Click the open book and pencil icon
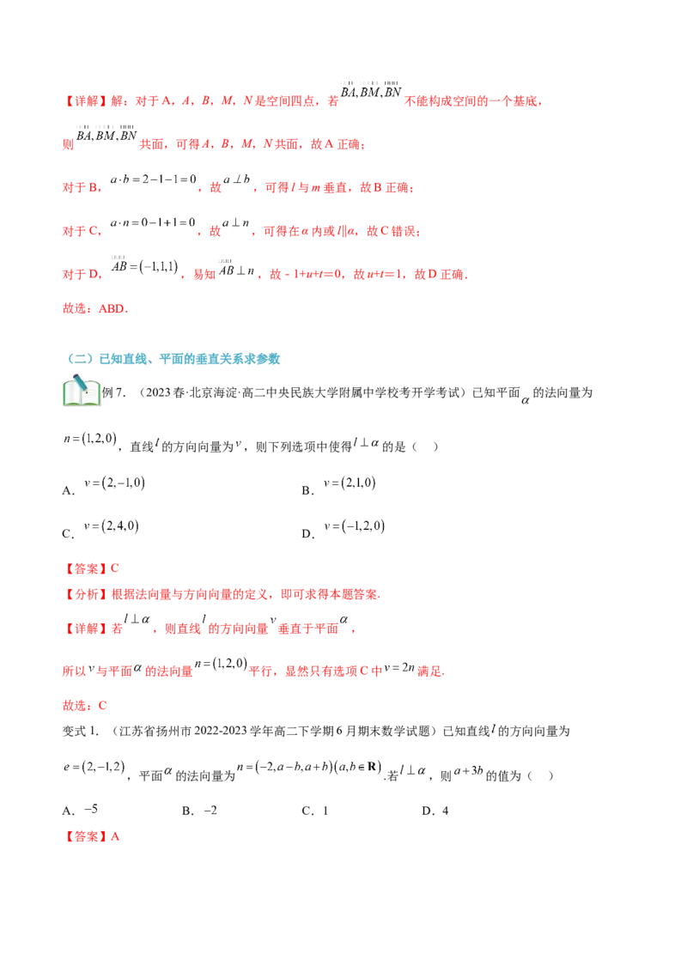pos(82,391)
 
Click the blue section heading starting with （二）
pos(173,359)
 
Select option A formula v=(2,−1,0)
pos(115,483)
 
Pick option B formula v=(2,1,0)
pos(350,483)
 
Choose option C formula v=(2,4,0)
pos(112,525)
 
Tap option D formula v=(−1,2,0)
pos(354,526)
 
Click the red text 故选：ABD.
pos(95,309)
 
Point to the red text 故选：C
pos(85,706)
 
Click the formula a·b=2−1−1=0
pos(153,179)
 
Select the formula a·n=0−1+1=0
pos(153,222)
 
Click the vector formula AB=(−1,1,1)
pos(144,265)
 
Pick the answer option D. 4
pos(435,811)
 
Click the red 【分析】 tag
pos(86,594)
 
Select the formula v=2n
pos(399,668)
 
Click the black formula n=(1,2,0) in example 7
pos(90,439)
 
